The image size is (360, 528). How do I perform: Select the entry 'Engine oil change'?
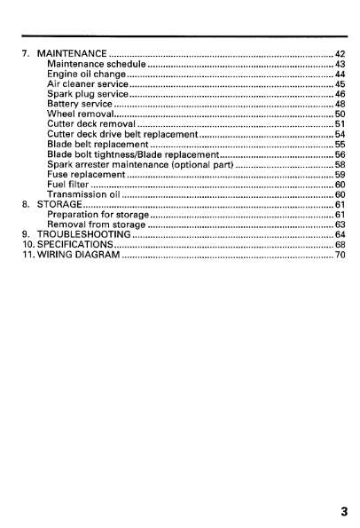click(87, 75)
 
